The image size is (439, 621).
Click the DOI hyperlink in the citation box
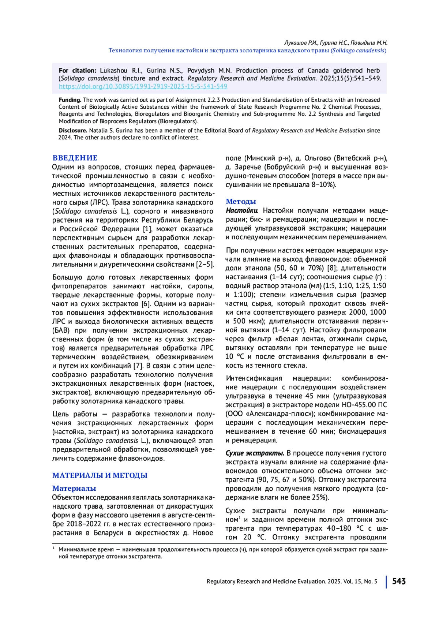(x=143, y=86)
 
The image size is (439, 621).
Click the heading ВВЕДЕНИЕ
(x=75, y=158)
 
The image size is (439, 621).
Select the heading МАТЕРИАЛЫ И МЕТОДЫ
(x=100, y=475)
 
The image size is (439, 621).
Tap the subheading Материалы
(x=74, y=488)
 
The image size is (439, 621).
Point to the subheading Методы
(x=241, y=201)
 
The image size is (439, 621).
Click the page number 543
(x=399, y=581)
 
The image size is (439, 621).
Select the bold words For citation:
(x=78, y=71)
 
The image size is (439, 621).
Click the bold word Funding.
(x=70, y=100)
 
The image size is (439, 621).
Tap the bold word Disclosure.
(x=73, y=131)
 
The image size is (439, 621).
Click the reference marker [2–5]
(x=205, y=265)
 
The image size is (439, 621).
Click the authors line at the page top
(x=335, y=43)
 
